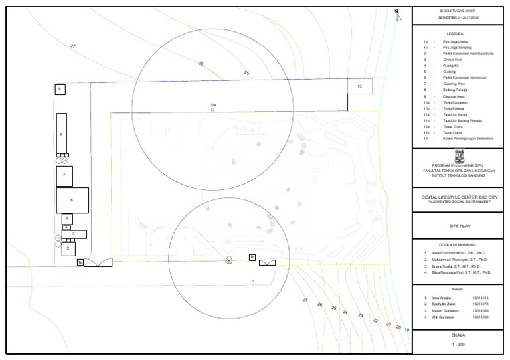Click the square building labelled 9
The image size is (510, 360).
tap(60, 89)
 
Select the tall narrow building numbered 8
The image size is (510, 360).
tap(62, 134)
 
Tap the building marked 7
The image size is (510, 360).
tap(64, 175)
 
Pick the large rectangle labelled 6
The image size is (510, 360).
tap(72, 199)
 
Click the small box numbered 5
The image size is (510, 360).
tap(66, 218)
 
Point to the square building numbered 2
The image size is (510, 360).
tap(68, 249)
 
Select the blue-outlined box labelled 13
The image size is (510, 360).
tap(359, 86)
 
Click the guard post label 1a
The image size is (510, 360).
tap(80, 263)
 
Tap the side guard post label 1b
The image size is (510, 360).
tap(252, 256)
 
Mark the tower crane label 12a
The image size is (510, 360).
tap(213, 105)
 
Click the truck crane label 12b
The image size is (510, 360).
tap(228, 262)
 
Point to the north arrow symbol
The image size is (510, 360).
tap(396, 15)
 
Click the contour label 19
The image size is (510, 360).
tap(406, 330)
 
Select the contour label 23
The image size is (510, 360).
tap(361, 314)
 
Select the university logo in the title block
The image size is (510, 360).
tap(458, 156)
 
